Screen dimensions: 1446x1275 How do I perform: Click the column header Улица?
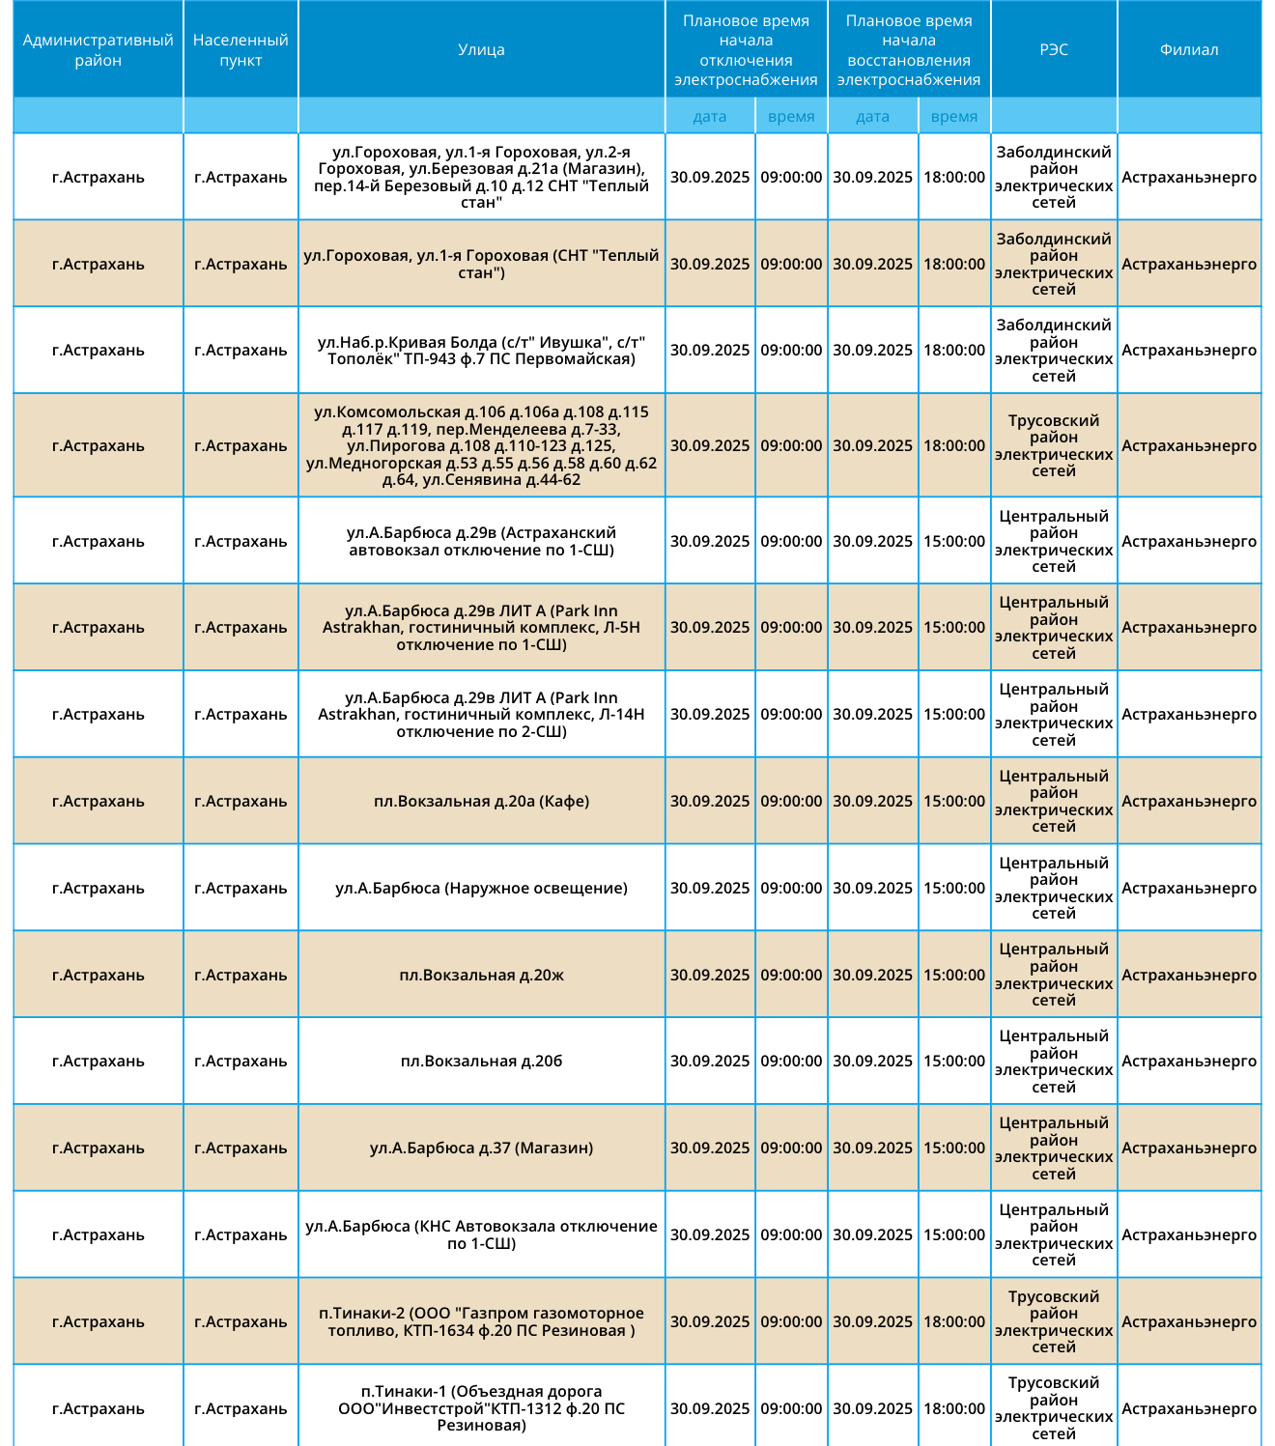[481, 49]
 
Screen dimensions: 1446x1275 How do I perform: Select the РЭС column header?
[1054, 49]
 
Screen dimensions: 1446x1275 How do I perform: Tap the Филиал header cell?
[1189, 49]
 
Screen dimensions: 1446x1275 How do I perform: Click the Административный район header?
[99, 49]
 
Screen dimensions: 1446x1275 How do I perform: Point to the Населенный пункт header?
[241, 49]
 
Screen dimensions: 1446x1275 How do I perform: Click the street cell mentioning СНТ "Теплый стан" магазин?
[481, 177]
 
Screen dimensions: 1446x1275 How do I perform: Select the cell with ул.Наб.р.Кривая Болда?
[481, 350]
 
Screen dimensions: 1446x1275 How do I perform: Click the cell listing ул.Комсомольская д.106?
[481, 445]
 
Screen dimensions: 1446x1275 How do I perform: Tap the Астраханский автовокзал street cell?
[481, 541]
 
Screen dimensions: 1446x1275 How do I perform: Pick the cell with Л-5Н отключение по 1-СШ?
[481, 627]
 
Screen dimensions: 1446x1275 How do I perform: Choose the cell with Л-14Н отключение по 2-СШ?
[481, 714]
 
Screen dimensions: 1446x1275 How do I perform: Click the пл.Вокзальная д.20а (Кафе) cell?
[481, 801]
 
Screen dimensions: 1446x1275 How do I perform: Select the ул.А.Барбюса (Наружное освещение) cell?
[481, 888]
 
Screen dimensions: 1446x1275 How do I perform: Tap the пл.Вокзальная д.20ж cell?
[481, 975]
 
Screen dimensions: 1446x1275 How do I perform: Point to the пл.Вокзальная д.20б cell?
[481, 1061]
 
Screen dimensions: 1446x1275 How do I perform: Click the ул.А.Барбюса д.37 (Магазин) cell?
[481, 1148]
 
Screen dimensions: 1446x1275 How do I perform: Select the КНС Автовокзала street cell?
[481, 1234]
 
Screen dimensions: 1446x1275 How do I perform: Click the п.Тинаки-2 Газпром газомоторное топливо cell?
[481, 1321]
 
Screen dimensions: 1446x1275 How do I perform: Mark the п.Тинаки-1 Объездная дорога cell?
[481, 1408]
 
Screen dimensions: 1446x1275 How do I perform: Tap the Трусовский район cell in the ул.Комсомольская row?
[1054, 445]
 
